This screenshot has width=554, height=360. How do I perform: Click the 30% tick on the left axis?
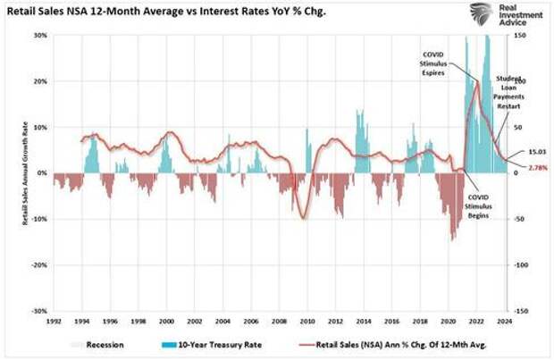[41, 36]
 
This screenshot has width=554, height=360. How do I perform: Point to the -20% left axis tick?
[40, 265]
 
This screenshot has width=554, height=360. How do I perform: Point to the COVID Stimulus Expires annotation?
[439, 65]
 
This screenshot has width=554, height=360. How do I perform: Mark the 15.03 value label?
[532, 153]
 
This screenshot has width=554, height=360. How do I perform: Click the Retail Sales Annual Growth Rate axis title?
[25, 174]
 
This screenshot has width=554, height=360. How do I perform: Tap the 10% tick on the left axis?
[41, 128]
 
